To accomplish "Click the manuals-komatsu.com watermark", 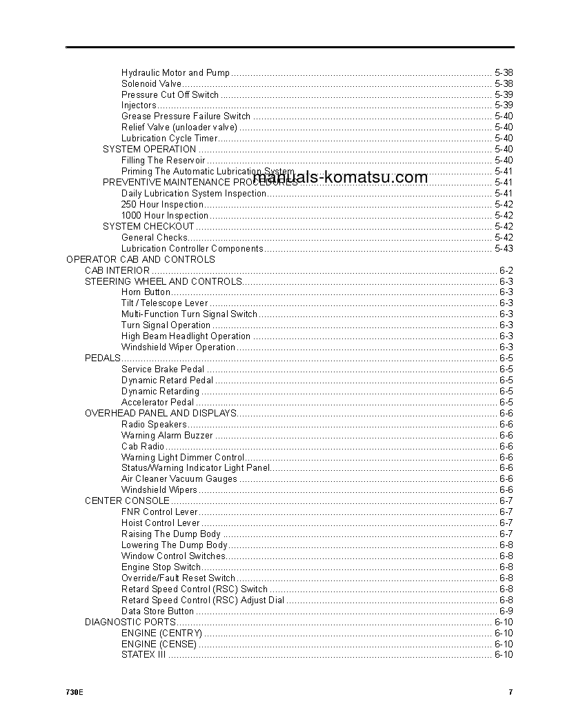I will point(340,177).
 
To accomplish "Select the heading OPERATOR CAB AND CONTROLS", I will point(140,259).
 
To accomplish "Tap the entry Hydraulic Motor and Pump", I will point(175,72).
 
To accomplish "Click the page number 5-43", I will point(504,248).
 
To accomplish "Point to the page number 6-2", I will point(506,270).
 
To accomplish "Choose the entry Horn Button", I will point(146,292).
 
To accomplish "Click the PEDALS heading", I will point(102,358).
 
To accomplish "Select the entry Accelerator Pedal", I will point(157,402).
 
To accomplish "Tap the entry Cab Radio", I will point(143,446).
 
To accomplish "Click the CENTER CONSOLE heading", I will point(127,501).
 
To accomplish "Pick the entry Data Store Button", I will point(157,611).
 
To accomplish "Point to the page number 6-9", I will point(506,611).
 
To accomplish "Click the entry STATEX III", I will point(144,655).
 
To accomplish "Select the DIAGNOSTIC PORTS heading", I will point(130,622).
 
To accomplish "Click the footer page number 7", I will point(511,692).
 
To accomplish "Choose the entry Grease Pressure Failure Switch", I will point(186,117).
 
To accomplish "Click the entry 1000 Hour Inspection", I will point(165,215).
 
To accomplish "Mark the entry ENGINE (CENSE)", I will point(159,644).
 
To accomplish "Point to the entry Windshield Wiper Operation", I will point(178,347).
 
